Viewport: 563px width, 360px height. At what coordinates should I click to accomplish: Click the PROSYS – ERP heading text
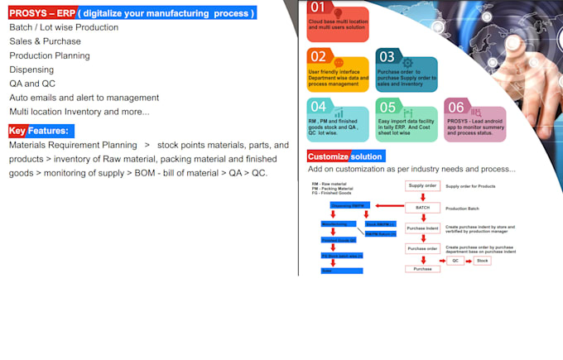(41, 13)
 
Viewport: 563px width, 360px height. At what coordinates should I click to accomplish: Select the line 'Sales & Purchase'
(45, 41)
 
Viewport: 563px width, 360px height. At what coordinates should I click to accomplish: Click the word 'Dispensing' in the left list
(31, 70)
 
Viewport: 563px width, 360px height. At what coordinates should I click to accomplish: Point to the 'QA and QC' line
(34, 84)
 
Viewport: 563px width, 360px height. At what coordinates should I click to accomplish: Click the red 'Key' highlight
(17, 131)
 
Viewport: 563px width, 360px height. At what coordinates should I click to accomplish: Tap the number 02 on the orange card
(319, 56)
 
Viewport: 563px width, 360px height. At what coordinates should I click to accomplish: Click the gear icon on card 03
(407, 62)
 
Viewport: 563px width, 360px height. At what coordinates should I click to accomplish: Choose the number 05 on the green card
(387, 107)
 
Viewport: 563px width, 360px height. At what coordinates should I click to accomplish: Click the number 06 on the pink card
(456, 107)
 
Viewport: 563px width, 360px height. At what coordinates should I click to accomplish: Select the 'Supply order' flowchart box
(422, 186)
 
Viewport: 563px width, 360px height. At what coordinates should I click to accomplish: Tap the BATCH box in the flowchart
(422, 208)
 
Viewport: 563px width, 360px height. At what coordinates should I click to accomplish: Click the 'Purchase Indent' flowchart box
(422, 228)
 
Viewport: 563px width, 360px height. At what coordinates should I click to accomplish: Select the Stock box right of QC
(484, 260)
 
